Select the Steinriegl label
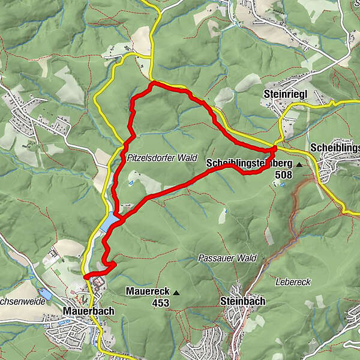click(285, 94)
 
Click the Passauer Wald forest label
click(227, 258)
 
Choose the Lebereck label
click(293, 282)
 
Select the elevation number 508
click(283, 175)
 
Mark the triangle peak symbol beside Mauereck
click(176, 292)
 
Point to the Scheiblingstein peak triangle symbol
click(299, 163)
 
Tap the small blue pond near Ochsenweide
click(44, 294)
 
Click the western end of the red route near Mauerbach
click(86, 276)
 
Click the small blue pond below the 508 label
click(282, 184)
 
